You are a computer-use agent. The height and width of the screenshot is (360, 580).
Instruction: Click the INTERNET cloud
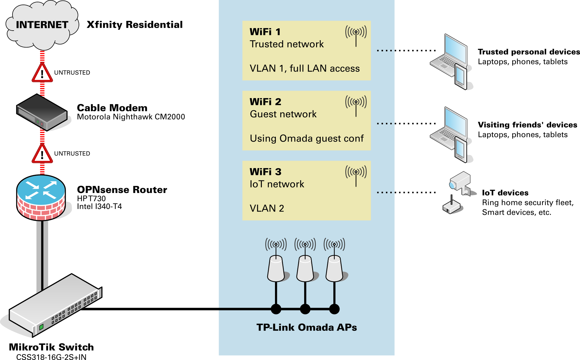(x=42, y=25)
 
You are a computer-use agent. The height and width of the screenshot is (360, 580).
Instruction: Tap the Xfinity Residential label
(x=134, y=25)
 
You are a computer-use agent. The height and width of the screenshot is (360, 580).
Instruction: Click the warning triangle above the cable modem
(x=42, y=73)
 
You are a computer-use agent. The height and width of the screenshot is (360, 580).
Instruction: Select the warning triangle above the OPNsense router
(x=42, y=154)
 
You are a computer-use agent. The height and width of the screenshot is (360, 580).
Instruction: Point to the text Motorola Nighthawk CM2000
(x=131, y=117)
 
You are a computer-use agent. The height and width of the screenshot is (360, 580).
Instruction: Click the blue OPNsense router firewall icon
(x=41, y=197)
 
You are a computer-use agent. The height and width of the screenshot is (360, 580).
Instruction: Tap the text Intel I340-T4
(x=99, y=206)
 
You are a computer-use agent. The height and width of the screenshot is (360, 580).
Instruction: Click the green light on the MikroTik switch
(x=41, y=327)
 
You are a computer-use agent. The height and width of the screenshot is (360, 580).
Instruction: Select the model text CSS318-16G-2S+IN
(x=51, y=357)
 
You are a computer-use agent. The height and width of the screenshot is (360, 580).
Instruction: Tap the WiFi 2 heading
(x=265, y=102)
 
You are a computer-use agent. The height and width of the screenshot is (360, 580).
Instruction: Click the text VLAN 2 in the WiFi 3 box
(x=267, y=208)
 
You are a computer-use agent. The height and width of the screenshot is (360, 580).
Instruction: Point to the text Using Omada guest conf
(x=306, y=138)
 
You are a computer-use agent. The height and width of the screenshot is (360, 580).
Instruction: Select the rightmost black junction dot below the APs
(x=334, y=309)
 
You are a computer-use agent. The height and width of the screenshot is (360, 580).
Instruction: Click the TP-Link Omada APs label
(x=306, y=327)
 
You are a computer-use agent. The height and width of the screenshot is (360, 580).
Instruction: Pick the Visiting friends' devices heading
(x=527, y=125)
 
